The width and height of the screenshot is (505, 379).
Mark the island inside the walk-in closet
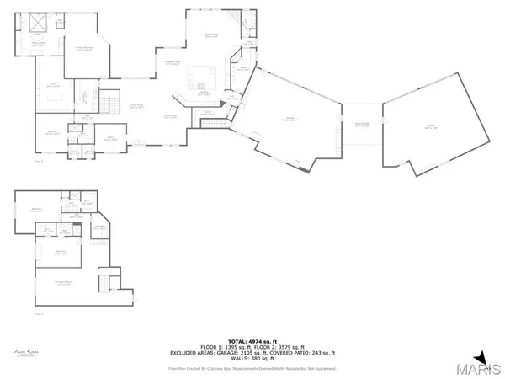point(54,96)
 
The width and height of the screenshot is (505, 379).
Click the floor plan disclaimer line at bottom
point(252,368)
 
